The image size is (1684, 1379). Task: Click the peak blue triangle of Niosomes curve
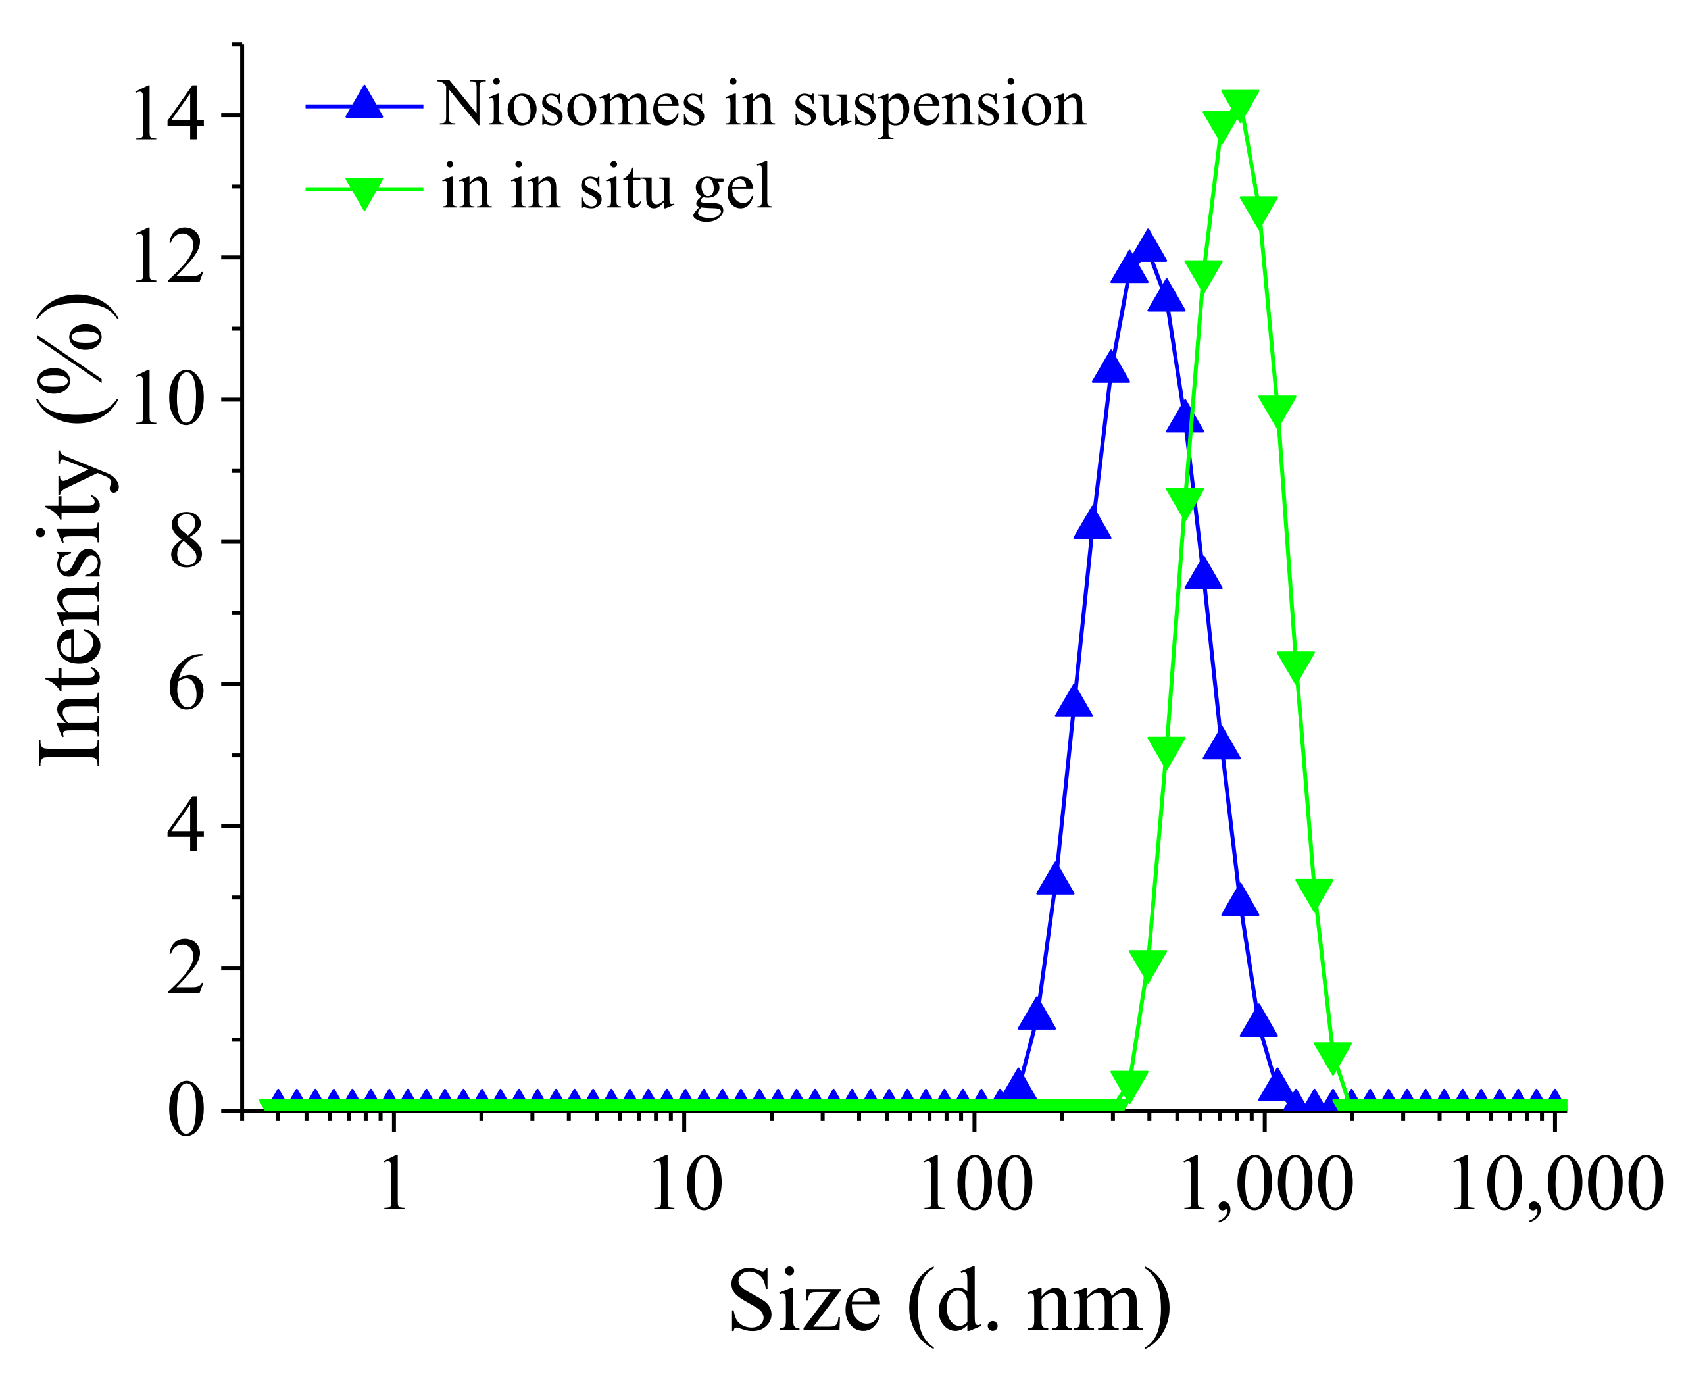pyautogui.click(x=1147, y=249)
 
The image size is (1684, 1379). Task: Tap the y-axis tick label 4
pyautogui.click(x=186, y=827)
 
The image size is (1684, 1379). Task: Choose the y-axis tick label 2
pyautogui.click(x=186, y=969)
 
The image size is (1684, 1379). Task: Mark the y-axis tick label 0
pyautogui.click(x=186, y=1111)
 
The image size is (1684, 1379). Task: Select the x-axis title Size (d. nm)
pyautogui.click(x=949, y=1303)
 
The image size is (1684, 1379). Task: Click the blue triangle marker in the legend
pyautogui.click(x=364, y=103)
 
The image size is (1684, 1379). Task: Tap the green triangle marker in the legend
pyautogui.click(x=364, y=191)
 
